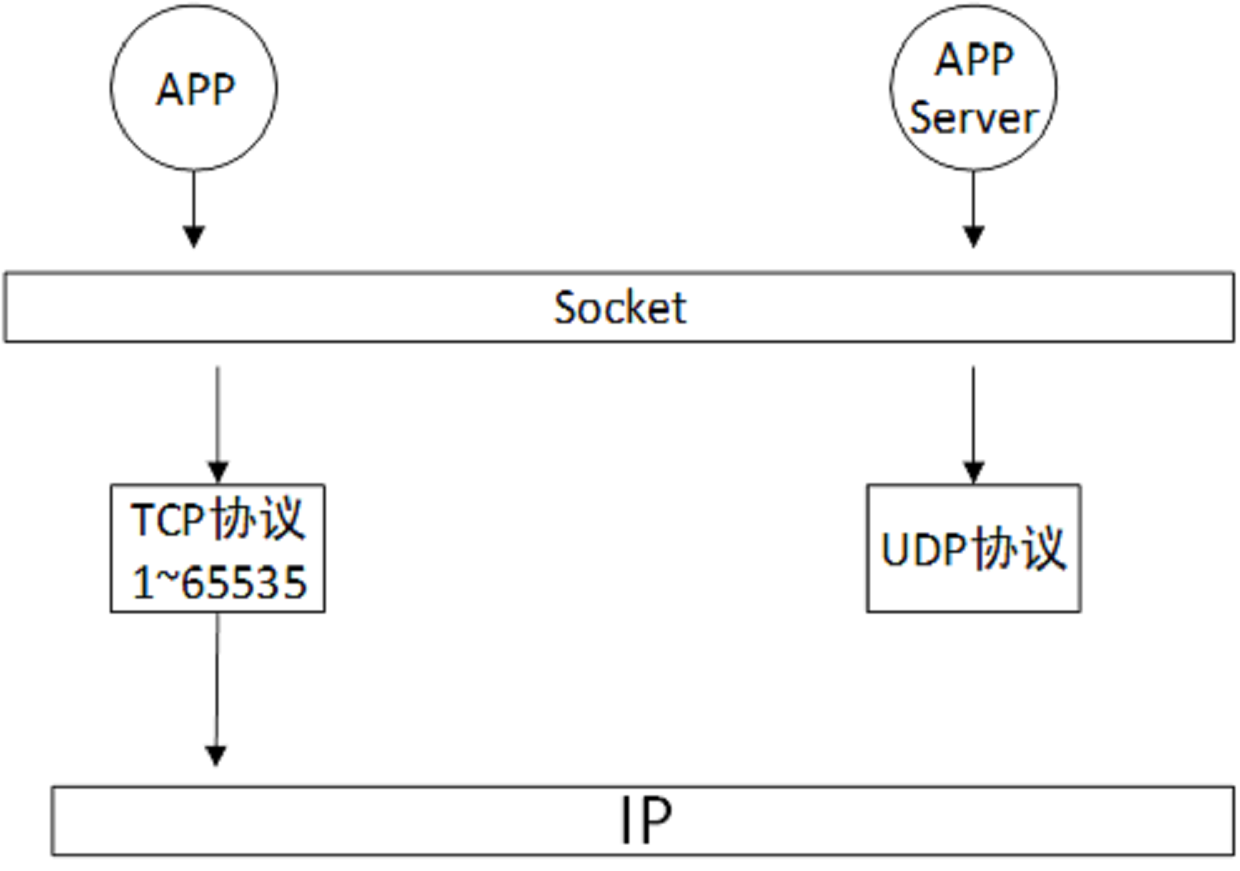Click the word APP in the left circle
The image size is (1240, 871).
[195, 89]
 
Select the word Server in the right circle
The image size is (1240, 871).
[972, 118]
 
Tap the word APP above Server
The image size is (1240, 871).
[974, 59]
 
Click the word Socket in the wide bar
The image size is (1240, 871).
[619, 308]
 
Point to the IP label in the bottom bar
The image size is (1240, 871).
[646, 821]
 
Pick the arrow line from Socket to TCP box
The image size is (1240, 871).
[217, 413]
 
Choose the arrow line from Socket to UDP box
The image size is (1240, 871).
[973, 413]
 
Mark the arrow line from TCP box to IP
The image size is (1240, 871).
[217, 678]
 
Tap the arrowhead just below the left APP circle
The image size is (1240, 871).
[193, 236]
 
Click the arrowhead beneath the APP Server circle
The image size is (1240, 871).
[973, 236]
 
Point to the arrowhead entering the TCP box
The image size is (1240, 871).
[217, 472]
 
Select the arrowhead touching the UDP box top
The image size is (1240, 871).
[973, 472]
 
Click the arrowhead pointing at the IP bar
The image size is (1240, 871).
[216, 755]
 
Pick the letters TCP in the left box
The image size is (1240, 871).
[168, 521]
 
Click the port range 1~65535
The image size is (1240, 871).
[219, 582]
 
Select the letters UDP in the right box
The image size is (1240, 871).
[923, 550]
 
